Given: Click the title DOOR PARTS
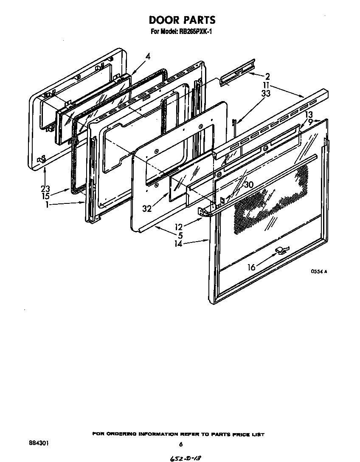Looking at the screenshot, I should [x=182, y=20].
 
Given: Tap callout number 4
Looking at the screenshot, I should [x=147, y=55].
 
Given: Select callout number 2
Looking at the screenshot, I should [x=267, y=77].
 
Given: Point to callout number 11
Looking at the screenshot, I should [x=266, y=85].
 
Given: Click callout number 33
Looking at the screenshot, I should [x=266, y=94].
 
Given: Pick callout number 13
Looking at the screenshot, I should [x=309, y=115].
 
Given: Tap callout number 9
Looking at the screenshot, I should [x=310, y=121].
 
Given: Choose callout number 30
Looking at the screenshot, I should [x=248, y=185].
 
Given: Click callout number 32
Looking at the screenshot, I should [x=147, y=208].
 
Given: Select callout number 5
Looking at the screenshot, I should [x=180, y=235].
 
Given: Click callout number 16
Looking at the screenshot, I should [x=252, y=268].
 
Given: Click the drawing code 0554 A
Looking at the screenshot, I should [x=319, y=272].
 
